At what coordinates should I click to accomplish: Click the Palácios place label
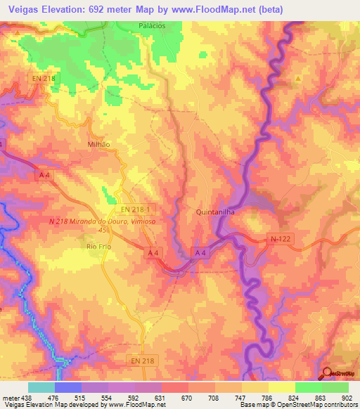click(152, 26)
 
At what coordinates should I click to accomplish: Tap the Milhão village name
click(98, 142)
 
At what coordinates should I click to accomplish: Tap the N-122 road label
click(280, 239)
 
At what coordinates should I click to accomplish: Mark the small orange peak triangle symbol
click(298, 78)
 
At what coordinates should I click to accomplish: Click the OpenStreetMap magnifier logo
click(328, 374)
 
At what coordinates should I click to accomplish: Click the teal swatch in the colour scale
click(41, 387)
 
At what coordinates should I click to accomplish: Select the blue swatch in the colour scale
click(67, 387)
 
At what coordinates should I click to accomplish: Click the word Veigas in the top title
click(22, 8)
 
